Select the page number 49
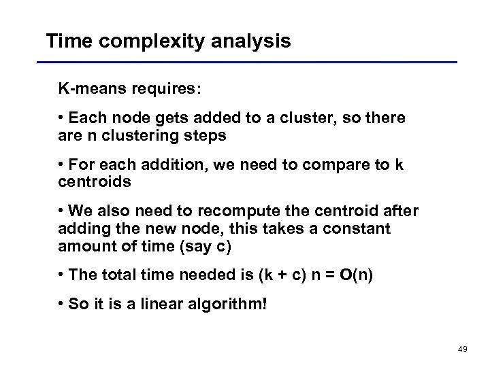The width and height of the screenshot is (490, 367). tap(463, 349)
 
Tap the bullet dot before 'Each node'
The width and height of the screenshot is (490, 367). tap(61, 118)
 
